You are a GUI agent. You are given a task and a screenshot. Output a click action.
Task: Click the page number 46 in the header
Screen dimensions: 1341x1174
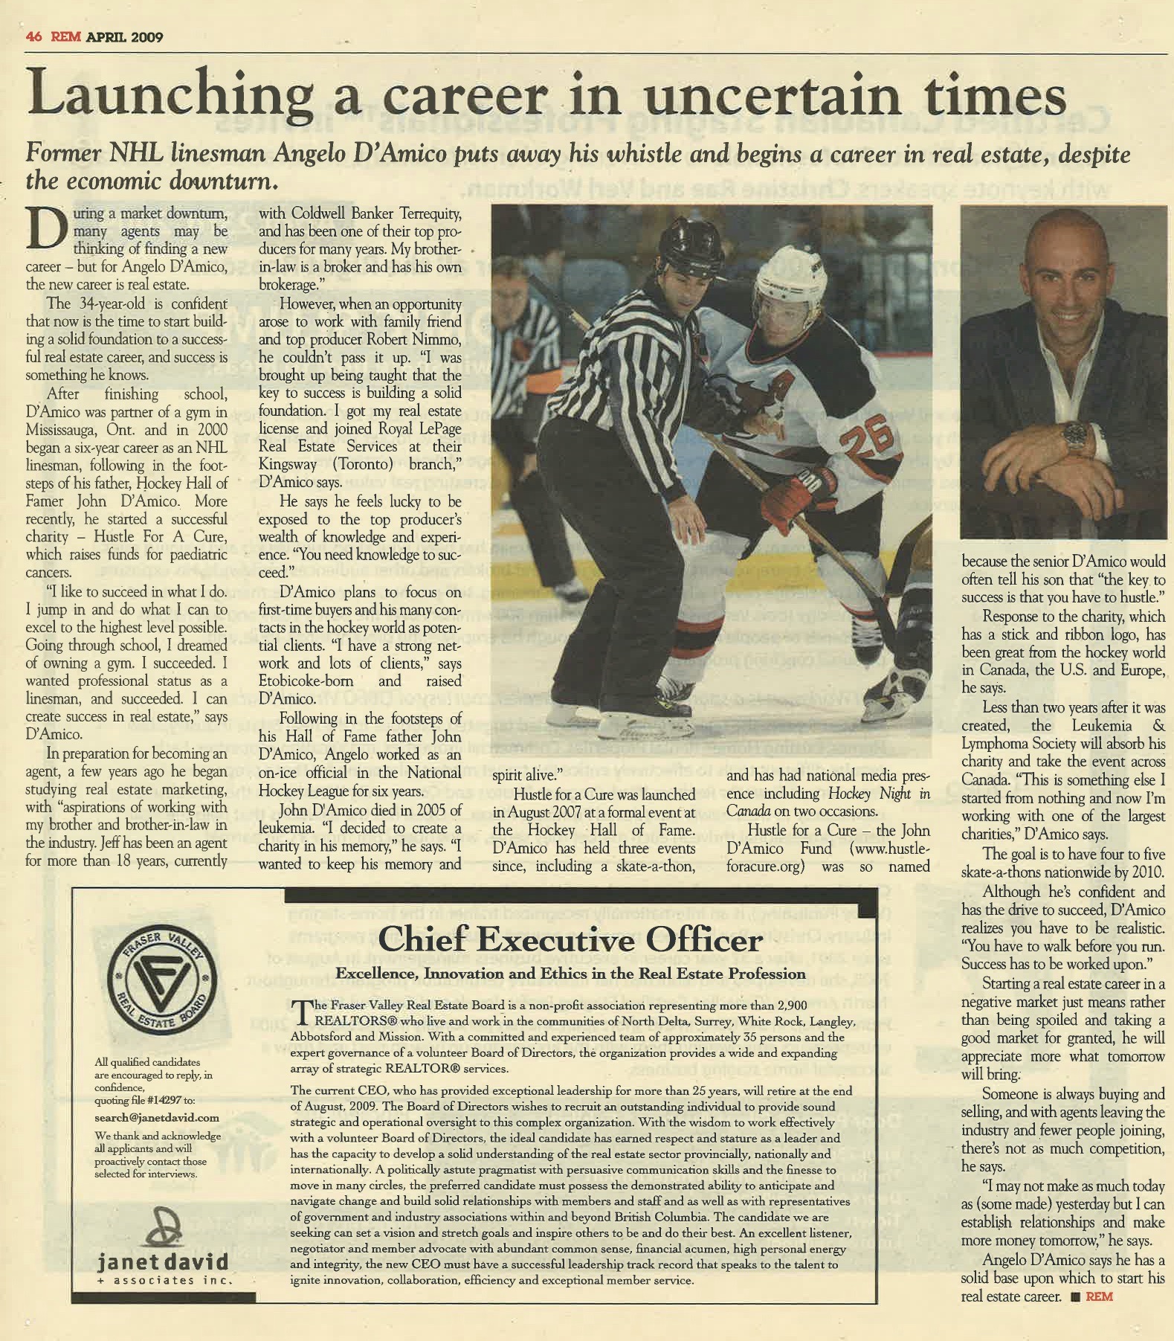tap(33, 37)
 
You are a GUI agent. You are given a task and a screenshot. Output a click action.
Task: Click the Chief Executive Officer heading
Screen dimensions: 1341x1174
tap(570, 940)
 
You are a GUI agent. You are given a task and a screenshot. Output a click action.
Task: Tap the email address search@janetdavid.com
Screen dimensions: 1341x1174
tap(157, 1117)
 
